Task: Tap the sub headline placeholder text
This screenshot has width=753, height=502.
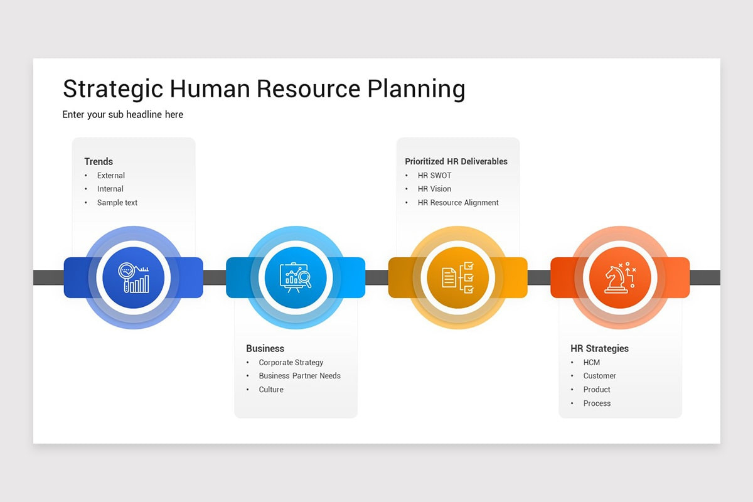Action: pos(123,114)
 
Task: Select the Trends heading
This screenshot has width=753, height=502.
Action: pos(99,161)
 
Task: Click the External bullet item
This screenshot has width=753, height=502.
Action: pos(111,176)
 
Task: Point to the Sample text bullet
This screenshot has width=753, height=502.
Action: pos(117,203)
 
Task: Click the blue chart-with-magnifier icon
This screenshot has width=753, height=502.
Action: pos(134,277)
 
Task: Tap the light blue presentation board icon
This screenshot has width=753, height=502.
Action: pos(296,277)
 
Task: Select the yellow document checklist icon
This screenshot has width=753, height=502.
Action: pos(458,277)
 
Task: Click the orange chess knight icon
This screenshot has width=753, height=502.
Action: pos(620,277)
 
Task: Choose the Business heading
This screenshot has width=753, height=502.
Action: pos(265,348)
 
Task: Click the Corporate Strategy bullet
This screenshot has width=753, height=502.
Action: pos(291,363)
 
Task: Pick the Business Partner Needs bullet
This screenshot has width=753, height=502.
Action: pos(300,376)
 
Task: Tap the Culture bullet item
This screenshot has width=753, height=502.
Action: pos(271,390)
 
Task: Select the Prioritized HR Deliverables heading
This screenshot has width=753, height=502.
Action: pos(456,161)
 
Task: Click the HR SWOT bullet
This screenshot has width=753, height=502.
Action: pos(434,176)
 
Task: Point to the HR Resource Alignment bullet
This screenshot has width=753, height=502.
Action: pos(458,203)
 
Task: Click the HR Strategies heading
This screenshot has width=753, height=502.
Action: pos(599,348)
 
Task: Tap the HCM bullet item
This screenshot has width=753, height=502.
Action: pos(592,363)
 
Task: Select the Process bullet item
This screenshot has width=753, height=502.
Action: pos(597,403)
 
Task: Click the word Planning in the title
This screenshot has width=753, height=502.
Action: pos(416,89)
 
